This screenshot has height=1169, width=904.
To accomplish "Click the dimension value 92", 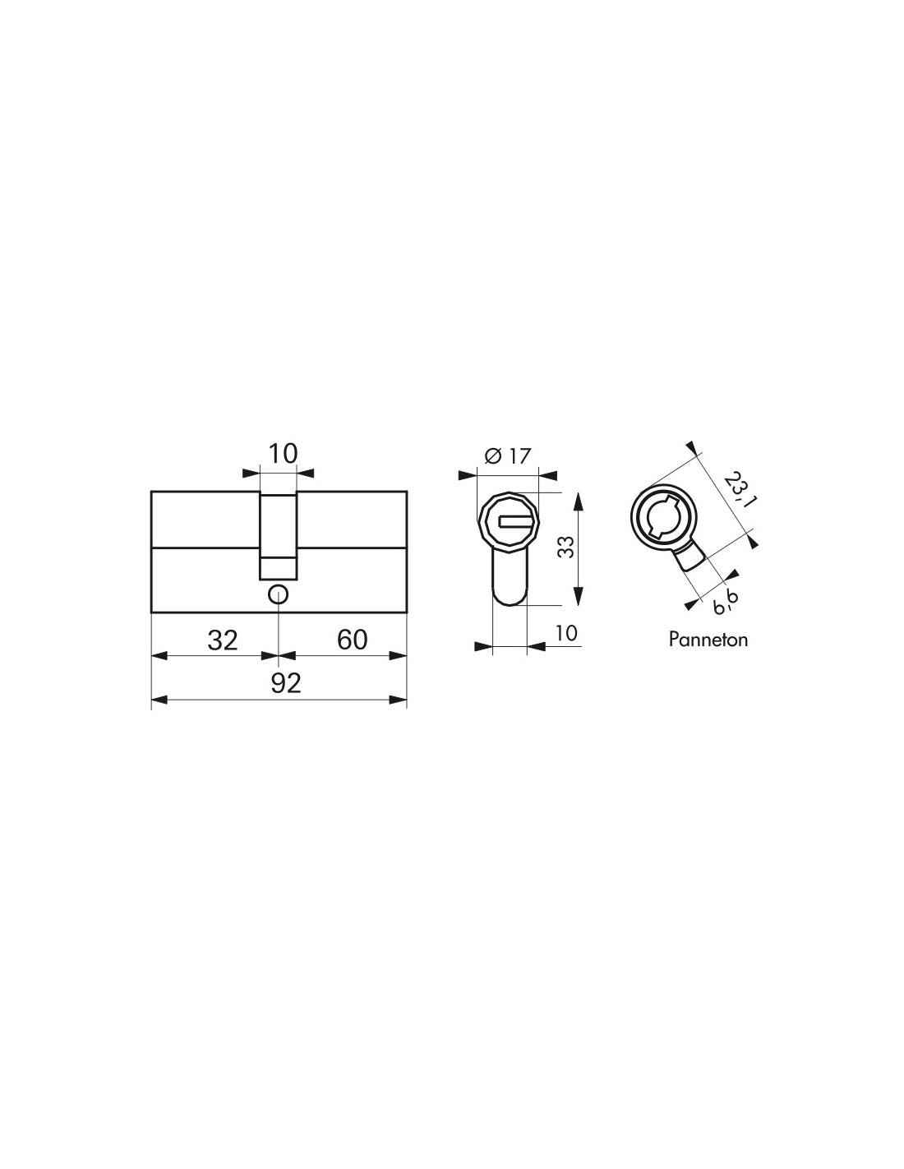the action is click(285, 683).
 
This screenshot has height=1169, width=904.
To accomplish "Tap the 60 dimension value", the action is click(353, 640).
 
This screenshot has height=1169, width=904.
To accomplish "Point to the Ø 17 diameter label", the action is click(508, 456).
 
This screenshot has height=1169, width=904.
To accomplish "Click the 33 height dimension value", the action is click(565, 547).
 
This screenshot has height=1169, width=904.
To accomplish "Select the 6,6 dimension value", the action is click(726, 602).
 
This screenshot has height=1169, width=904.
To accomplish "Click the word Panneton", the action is click(708, 640).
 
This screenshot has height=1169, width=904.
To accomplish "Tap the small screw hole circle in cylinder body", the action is click(278, 595).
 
